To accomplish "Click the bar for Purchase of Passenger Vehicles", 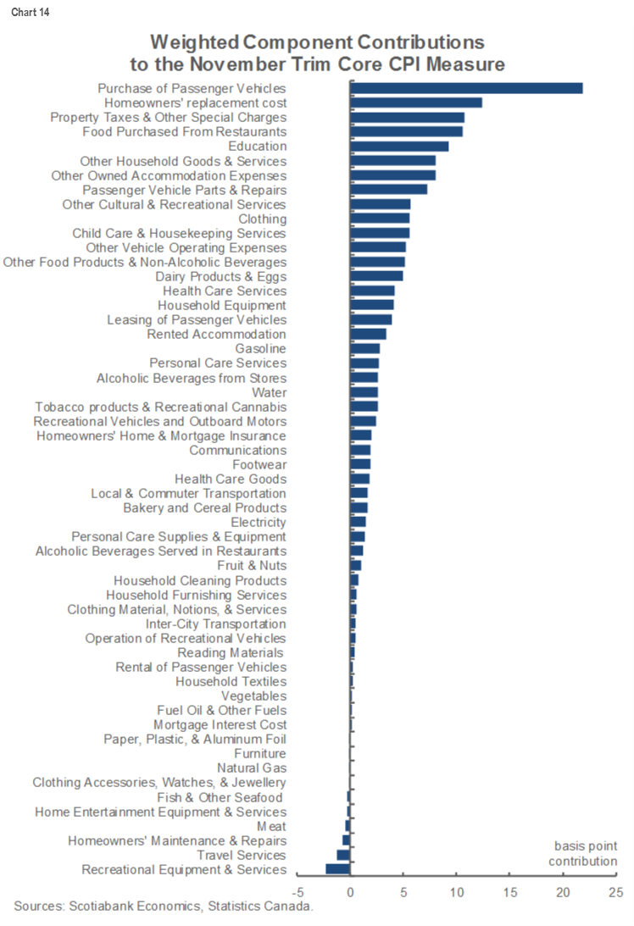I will pos(466,88).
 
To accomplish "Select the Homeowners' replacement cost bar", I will pos(416,103).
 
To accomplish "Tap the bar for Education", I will pos(399,147).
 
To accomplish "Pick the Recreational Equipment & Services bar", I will pos(338,869).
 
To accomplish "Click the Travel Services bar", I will pos(343,855).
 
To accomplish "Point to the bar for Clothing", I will pos(380,219).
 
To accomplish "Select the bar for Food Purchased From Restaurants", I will pos(406,131).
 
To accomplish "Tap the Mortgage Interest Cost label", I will pos(220,724).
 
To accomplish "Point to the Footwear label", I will pos(259,464).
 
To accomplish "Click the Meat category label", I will pos(271,826).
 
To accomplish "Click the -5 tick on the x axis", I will pos(298,892).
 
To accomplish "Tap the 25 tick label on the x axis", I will pos(615,892).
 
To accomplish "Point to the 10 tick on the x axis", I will pos(456,892).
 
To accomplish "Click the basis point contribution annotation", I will pos(582,854).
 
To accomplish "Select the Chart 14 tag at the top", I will pos(25,11).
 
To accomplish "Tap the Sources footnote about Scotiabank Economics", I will pos(164,906).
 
